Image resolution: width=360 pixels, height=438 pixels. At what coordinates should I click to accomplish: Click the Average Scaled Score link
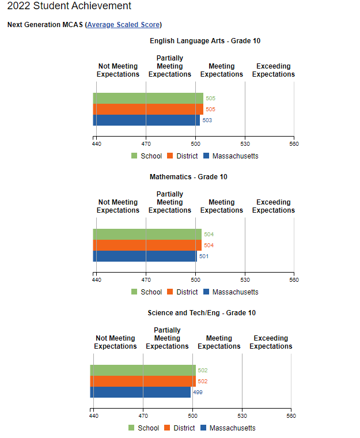coord(123,25)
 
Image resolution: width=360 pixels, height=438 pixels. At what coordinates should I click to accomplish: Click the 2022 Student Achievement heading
coord(69,6)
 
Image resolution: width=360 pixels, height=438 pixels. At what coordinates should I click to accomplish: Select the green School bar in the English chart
coord(148,98)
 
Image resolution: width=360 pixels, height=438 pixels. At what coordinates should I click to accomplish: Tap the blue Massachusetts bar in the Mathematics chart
coord(145,256)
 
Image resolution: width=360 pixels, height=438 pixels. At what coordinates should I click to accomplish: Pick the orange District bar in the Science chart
coord(143,381)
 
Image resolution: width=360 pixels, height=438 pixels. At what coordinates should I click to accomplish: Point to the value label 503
coord(207,120)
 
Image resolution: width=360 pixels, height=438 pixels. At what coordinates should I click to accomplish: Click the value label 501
coord(203,256)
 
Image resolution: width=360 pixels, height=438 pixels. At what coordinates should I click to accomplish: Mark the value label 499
coord(198,392)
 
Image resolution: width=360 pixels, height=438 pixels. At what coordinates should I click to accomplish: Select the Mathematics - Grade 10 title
coord(188,177)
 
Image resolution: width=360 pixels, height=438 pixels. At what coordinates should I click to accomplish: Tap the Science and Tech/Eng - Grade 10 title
coord(202,313)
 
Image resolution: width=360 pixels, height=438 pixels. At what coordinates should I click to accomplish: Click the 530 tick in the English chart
coord(245,144)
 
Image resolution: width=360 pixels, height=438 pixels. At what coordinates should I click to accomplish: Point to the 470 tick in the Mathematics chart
coord(146,280)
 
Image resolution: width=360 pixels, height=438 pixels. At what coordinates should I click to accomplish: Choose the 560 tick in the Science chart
coord(291,416)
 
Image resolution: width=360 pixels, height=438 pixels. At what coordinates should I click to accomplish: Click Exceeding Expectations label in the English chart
coord(274,70)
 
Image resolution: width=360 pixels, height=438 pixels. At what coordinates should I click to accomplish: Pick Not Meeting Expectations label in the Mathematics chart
coord(118,206)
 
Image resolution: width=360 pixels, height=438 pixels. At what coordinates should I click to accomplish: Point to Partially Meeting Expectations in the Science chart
coord(167,338)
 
